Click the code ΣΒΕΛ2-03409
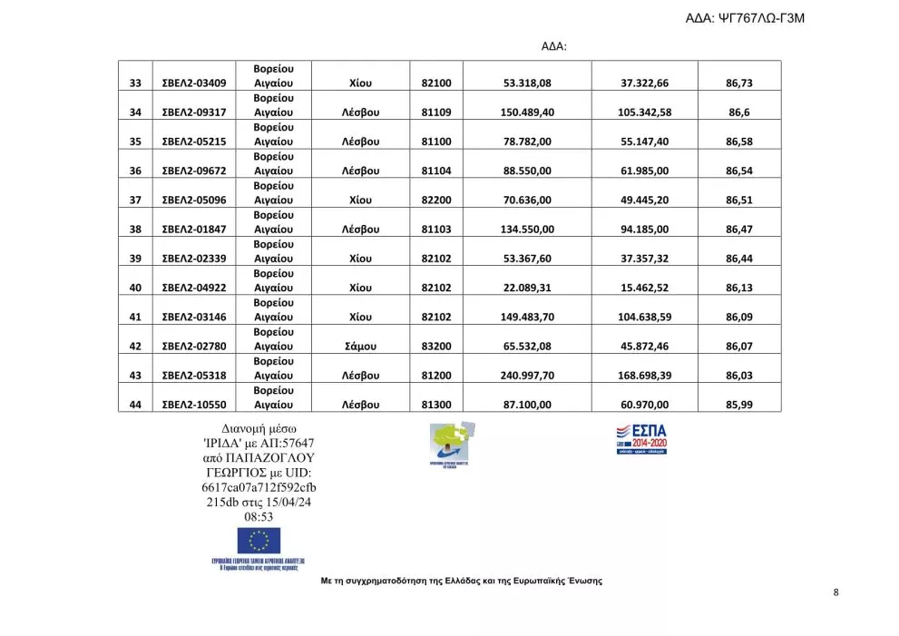point(194,83)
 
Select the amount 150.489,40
point(527,113)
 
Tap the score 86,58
point(739,142)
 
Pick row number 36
point(136,171)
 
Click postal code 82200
point(436,201)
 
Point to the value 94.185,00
point(645,230)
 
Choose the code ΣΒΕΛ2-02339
point(194,259)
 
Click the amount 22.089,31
point(527,289)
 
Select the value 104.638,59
point(645,318)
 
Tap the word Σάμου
point(361,347)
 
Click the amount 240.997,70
point(527,376)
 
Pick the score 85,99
point(739,406)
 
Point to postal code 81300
point(436,406)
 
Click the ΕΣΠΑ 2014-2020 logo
point(641,438)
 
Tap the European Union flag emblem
point(259,541)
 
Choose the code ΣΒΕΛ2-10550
point(194,406)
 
